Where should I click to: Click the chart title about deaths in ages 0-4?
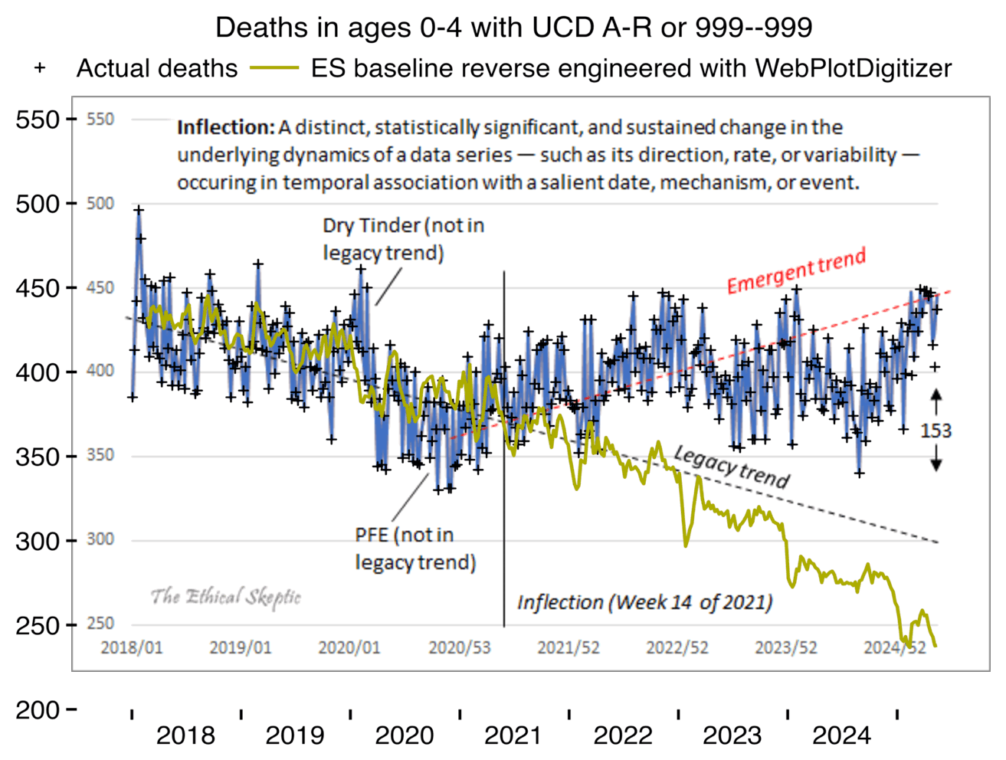(513, 28)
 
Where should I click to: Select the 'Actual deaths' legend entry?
(156, 68)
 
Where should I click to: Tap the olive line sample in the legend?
(274, 68)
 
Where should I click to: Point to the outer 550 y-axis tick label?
(38, 120)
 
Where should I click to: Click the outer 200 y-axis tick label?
(38, 710)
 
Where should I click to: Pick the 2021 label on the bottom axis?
(513, 736)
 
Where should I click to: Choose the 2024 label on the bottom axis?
(841, 736)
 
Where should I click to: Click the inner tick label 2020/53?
(459, 648)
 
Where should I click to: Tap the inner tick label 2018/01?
(132, 648)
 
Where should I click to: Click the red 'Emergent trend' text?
(796, 270)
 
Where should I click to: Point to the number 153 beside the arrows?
(936, 431)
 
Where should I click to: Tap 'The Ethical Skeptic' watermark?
(225, 596)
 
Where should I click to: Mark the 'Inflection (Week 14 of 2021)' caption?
(644, 602)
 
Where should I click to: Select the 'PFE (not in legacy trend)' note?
(415, 549)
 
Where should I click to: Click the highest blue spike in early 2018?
(139, 210)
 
